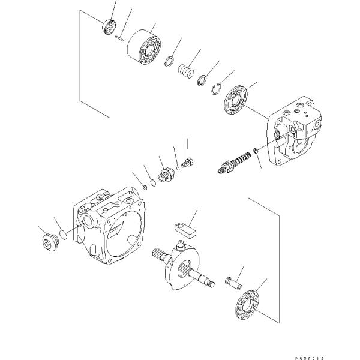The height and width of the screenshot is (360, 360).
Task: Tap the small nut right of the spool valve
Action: (x=255, y=151)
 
